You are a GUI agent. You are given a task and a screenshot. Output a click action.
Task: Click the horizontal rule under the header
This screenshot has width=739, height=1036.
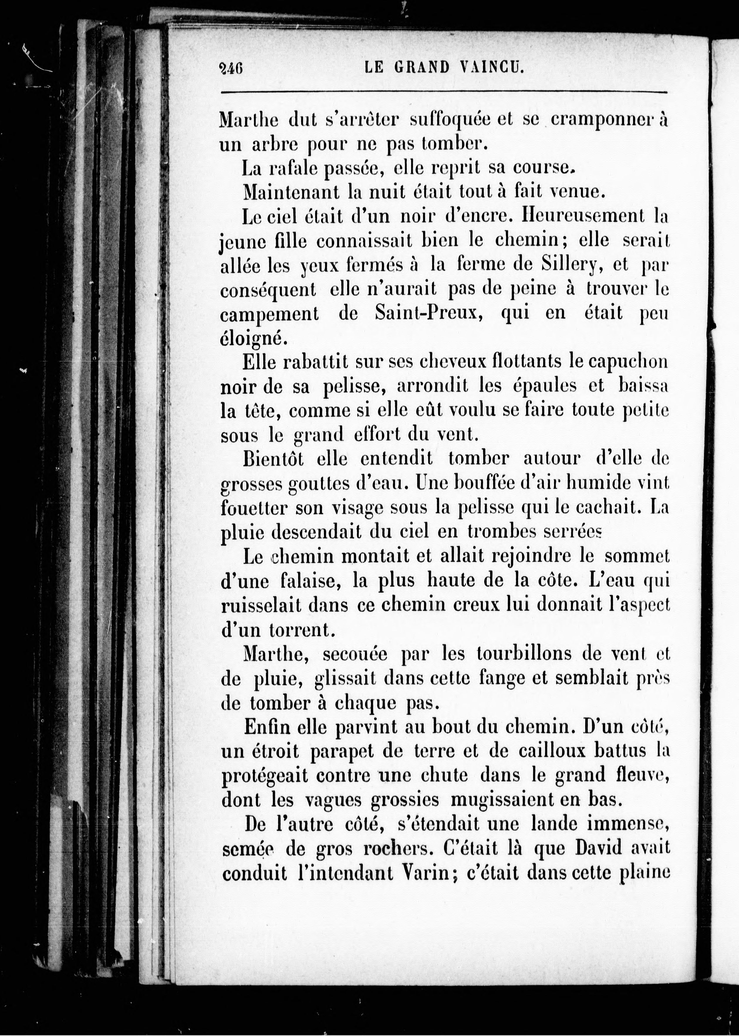click(x=444, y=92)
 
